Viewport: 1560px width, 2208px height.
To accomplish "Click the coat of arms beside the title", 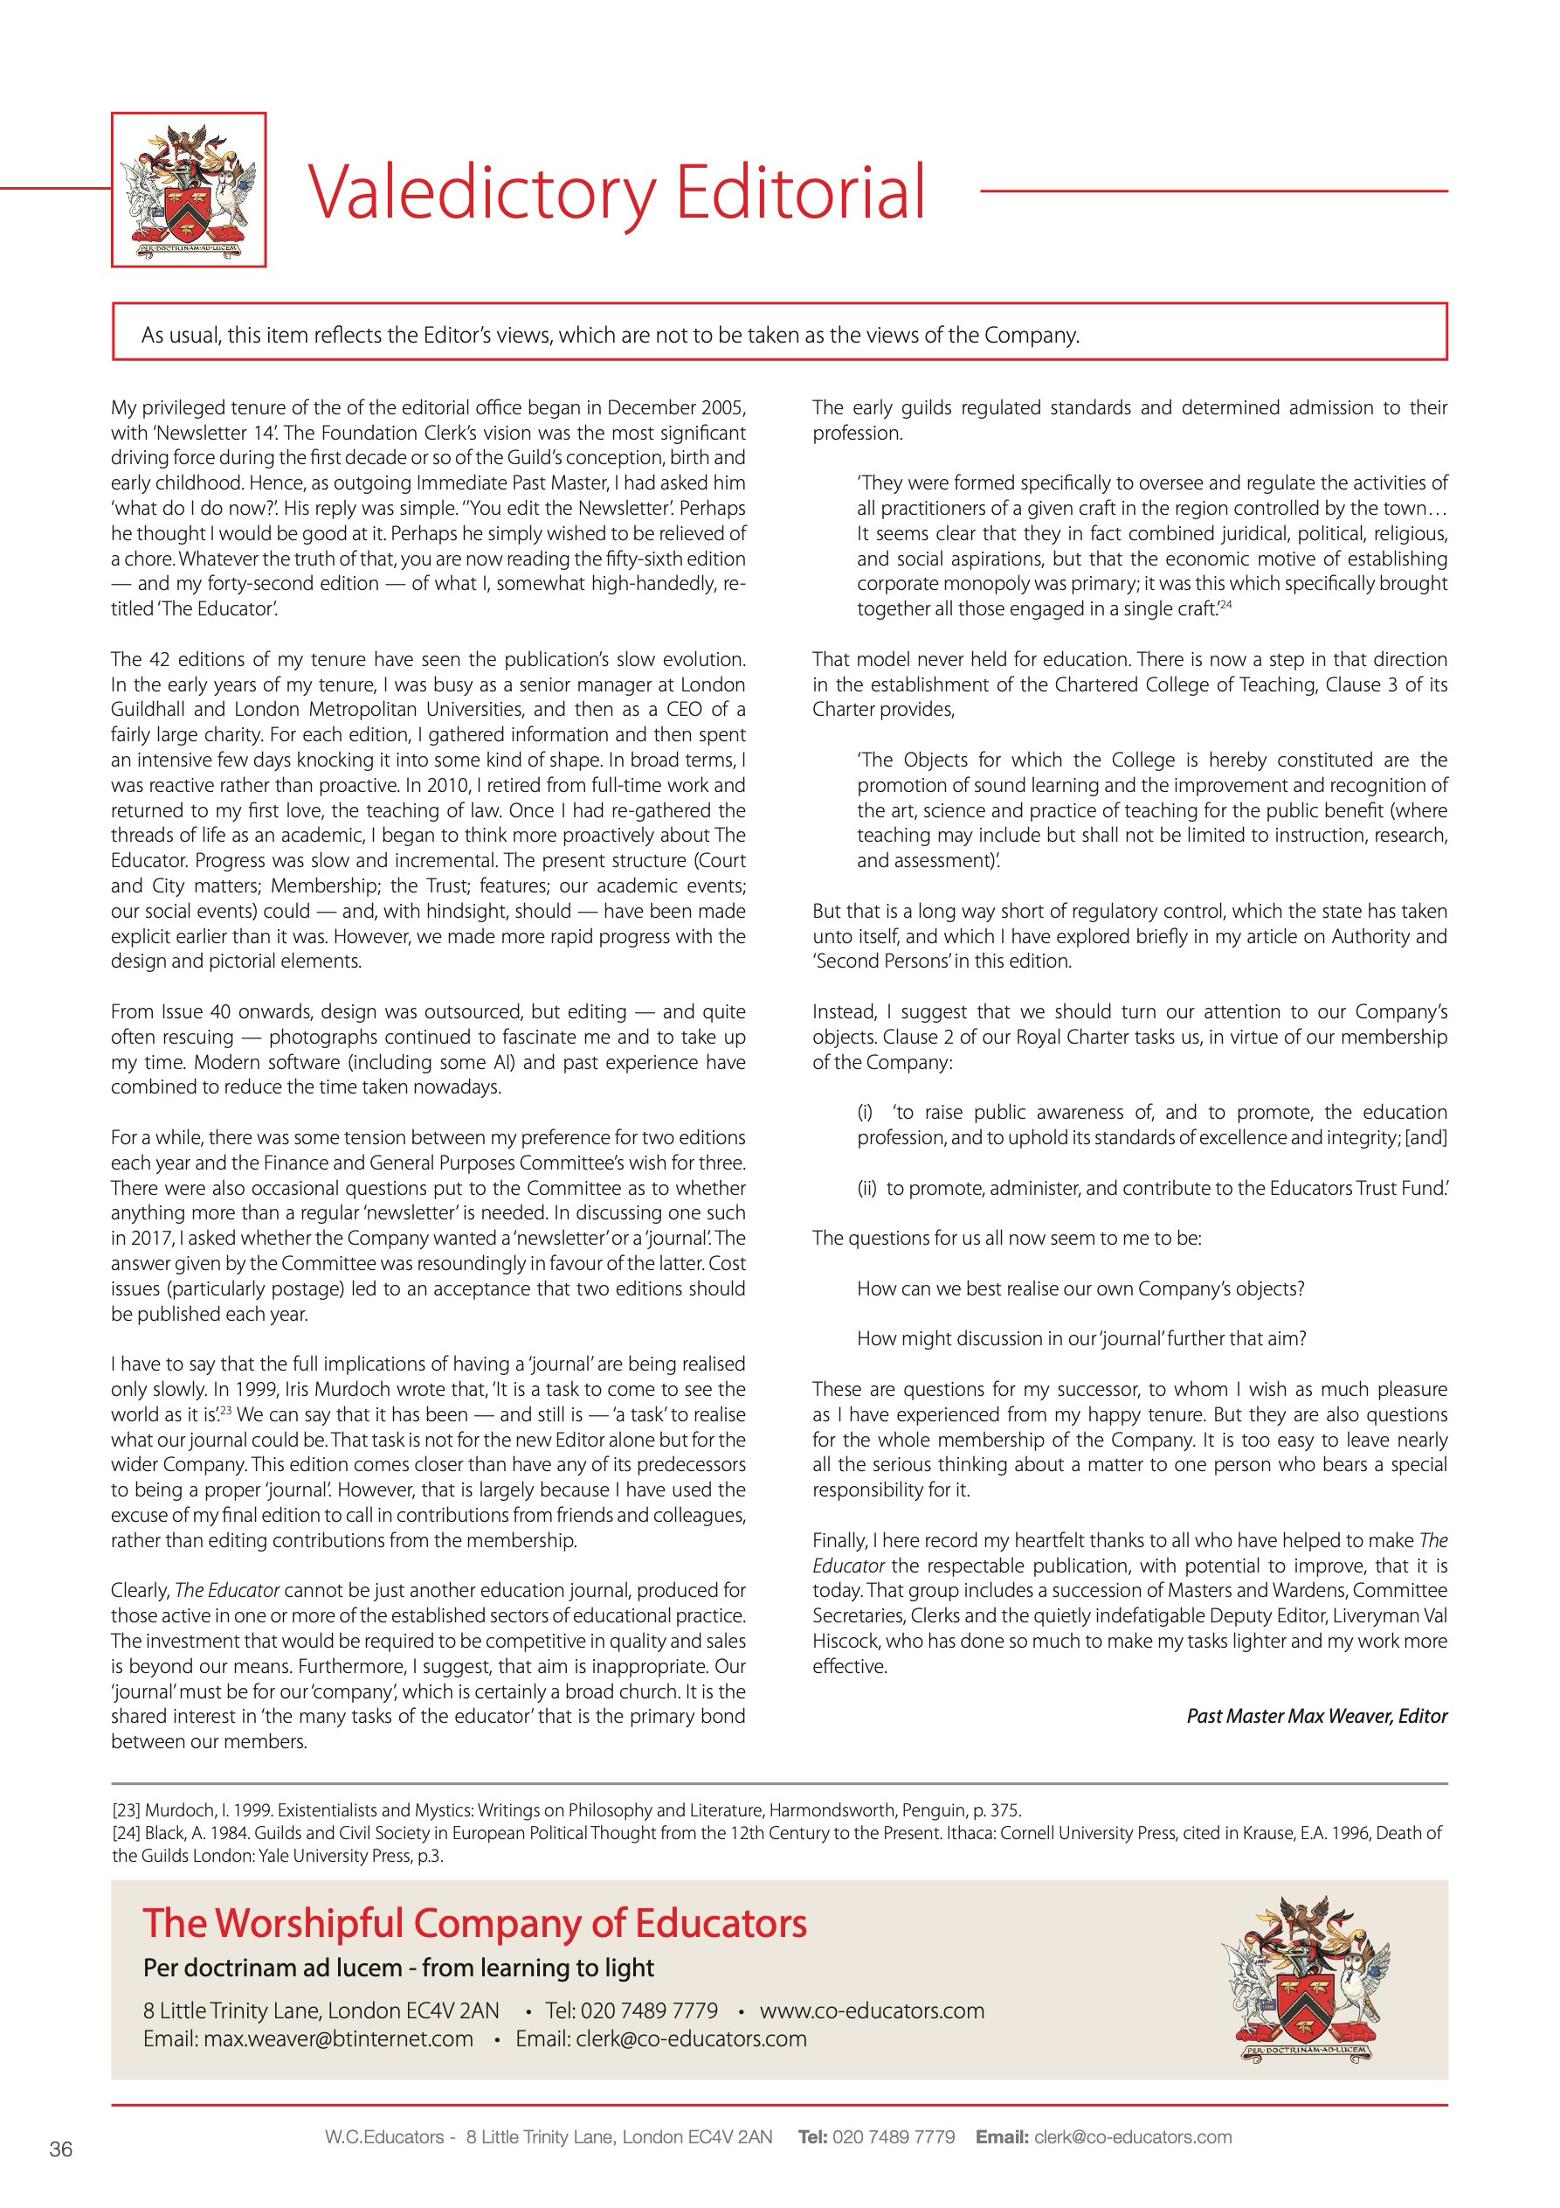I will click(189, 190).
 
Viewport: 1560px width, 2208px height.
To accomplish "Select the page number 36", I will click(60, 2149).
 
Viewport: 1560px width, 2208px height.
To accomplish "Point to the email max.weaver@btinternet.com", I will click(307, 2038).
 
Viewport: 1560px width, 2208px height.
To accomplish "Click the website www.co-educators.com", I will click(872, 2010).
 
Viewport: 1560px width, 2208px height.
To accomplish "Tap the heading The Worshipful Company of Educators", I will click(475, 1923).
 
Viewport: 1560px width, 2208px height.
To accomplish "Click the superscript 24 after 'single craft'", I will click(1225, 605).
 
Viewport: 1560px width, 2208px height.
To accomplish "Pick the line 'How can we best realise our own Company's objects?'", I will click(1080, 1288).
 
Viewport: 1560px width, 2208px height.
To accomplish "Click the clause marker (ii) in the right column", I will click(867, 1188).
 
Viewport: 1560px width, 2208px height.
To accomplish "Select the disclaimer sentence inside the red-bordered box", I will click(611, 335).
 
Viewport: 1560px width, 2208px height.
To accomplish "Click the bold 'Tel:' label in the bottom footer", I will click(812, 2137).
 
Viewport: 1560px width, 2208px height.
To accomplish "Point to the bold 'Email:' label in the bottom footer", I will click(1002, 2137).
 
